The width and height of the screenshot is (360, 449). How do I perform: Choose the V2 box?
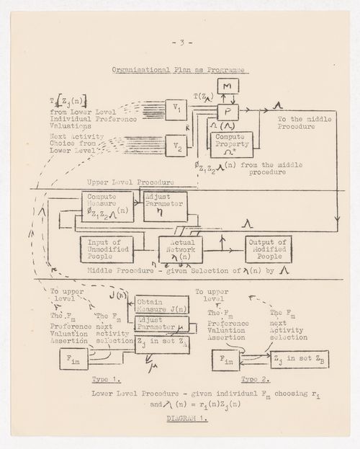coord(176,144)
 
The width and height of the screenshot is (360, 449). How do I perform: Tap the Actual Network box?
coord(181,250)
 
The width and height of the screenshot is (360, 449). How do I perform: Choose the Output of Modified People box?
coord(268,249)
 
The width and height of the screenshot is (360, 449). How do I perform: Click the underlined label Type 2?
coord(251,378)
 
